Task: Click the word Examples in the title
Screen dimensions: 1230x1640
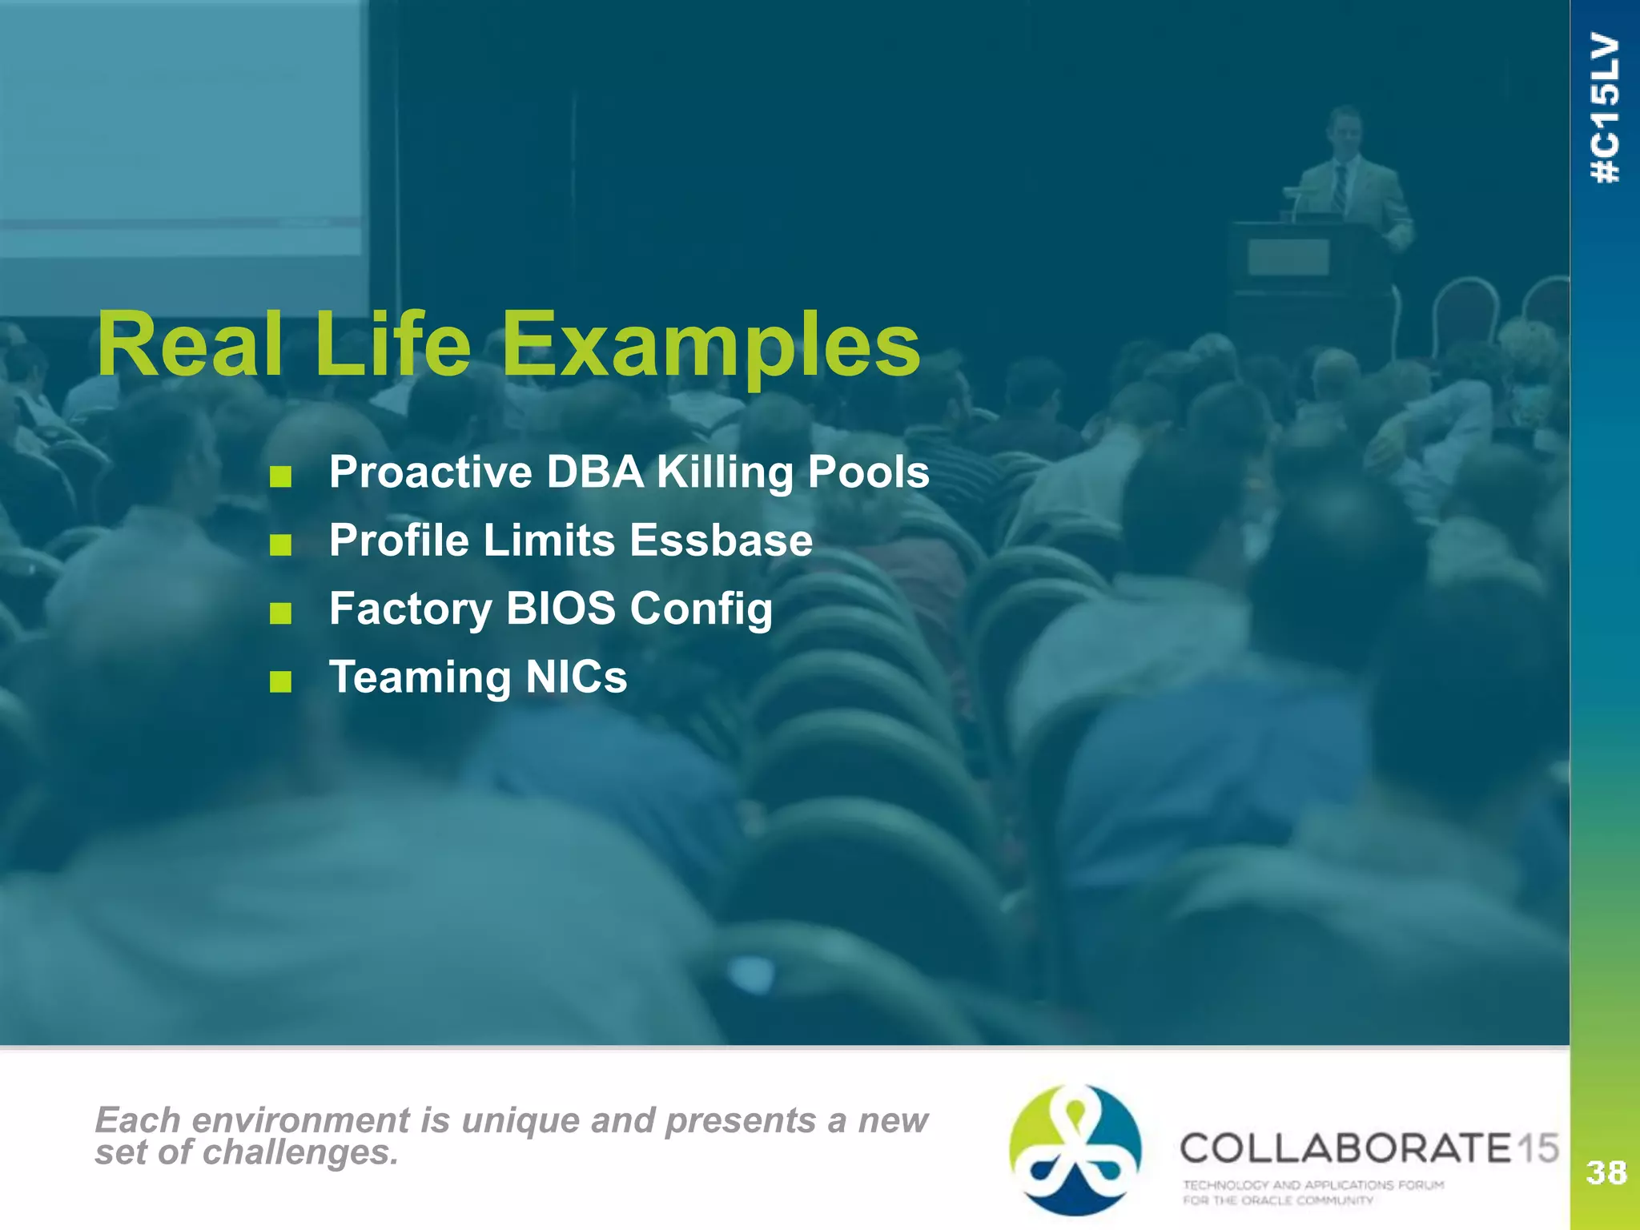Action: [x=710, y=346]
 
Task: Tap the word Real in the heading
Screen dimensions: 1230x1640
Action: [x=190, y=346]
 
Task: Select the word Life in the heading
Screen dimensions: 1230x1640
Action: [x=392, y=346]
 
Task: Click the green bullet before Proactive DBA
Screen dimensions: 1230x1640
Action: [x=280, y=478]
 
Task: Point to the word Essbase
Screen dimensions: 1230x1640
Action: [x=721, y=540]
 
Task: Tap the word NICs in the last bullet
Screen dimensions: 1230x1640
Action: [x=577, y=677]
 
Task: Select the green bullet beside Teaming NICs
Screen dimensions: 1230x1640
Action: [x=280, y=683]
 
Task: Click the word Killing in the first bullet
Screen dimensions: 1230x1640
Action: [x=726, y=472]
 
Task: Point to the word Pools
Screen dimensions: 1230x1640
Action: [x=869, y=472]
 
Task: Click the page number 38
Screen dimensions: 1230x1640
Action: [x=1606, y=1172]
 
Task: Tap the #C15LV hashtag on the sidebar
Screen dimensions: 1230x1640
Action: [x=1606, y=108]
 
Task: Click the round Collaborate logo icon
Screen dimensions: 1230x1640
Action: [x=1075, y=1149]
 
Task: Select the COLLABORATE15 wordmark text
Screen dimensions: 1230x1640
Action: [x=1369, y=1148]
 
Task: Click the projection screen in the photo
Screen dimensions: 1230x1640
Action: [x=180, y=128]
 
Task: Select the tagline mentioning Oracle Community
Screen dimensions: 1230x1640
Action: [x=1313, y=1192]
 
